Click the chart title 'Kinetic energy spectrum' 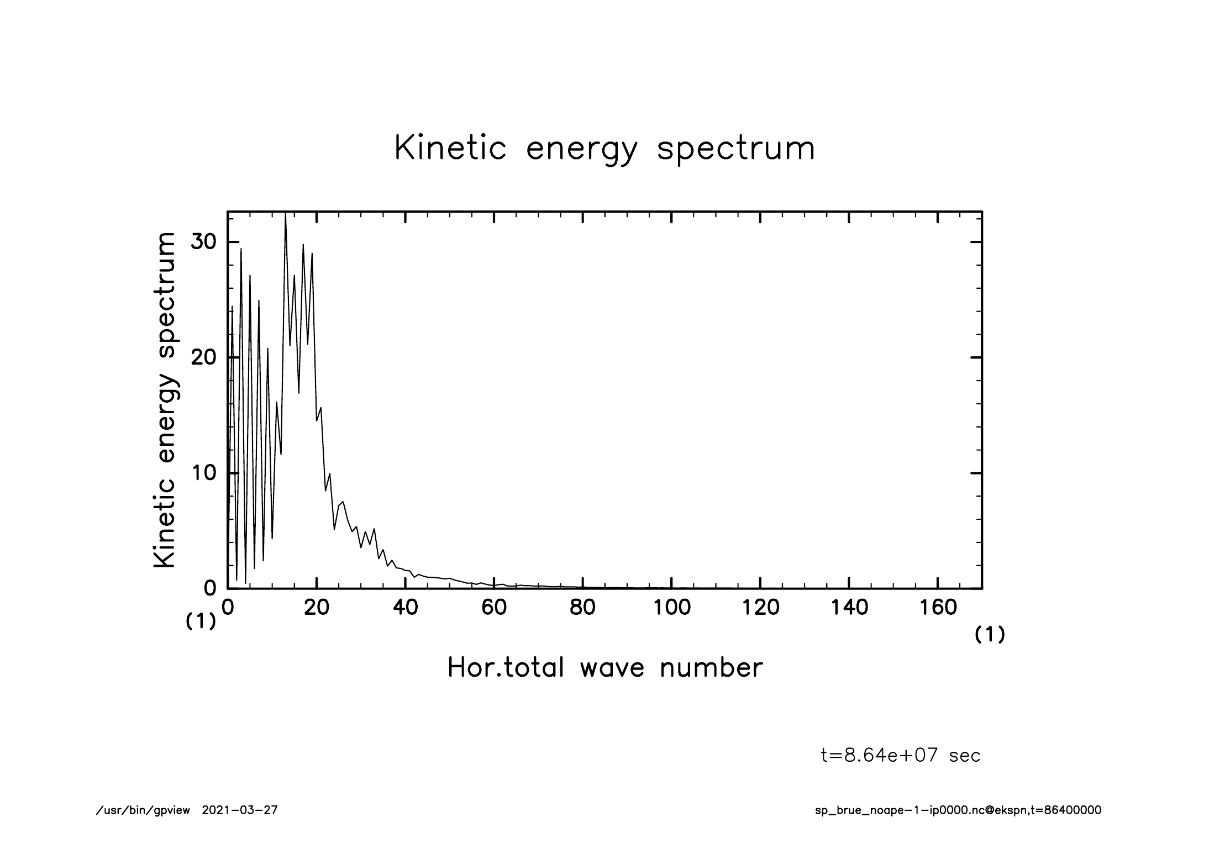604,149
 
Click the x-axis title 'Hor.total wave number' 604,668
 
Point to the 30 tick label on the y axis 203,242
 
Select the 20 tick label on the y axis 203,357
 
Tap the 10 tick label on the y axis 203,473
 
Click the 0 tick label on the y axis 209,588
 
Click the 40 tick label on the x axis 405,608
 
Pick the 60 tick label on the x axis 494,608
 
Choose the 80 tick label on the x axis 582,608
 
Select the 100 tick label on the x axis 671,608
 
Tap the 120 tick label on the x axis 760,608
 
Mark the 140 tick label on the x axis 849,608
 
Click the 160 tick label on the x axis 938,608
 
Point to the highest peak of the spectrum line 285,214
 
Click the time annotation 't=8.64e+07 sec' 901,755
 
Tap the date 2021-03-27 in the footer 240,810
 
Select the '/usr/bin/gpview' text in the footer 143,810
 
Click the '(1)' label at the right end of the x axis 990,635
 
